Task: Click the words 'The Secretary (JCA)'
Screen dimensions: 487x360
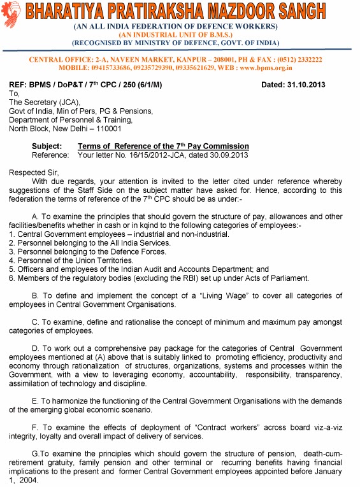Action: click(x=40, y=102)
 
